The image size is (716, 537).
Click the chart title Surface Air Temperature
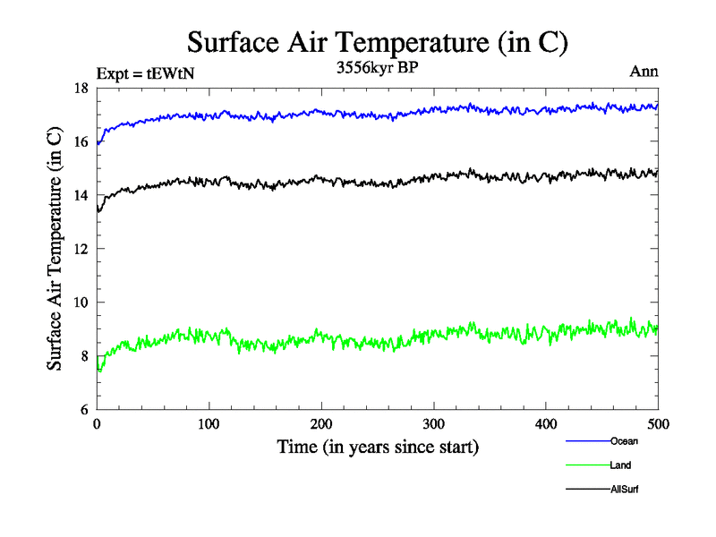click(377, 42)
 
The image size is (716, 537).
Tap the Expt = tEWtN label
click(144, 74)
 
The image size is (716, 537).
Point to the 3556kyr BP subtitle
click(377, 70)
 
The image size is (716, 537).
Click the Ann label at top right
click(644, 72)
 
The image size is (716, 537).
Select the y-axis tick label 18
click(81, 88)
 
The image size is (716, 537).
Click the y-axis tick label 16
click(81, 141)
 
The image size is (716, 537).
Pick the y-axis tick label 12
click(81, 249)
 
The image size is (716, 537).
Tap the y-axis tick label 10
click(81, 303)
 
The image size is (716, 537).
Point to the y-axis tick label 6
click(83, 410)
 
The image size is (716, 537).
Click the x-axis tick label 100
click(209, 425)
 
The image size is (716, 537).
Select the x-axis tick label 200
click(321, 425)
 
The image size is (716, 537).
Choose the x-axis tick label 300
click(433, 425)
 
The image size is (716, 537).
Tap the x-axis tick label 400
click(546, 425)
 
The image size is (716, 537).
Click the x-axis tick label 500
click(658, 425)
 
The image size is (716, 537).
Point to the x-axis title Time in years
click(377, 447)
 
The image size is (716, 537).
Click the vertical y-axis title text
click(55, 249)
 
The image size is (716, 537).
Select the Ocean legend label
click(625, 441)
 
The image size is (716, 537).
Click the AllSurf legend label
click(625, 490)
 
